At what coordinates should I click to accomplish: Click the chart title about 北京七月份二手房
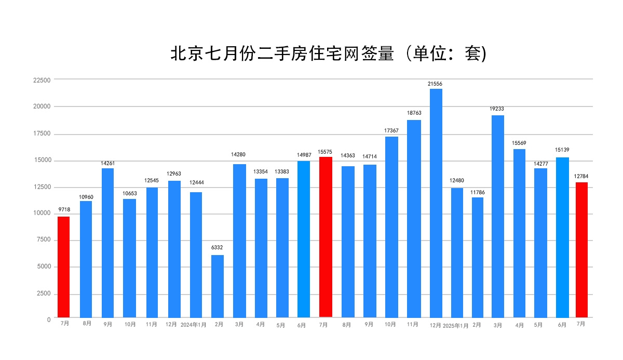click(328, 54)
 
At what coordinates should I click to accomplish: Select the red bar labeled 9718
click(63, 266)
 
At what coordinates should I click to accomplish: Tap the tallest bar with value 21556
click(436, 203)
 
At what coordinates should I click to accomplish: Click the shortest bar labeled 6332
click(218, 286)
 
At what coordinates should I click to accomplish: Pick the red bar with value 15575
click(326, 237)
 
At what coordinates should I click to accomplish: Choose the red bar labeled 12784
click(581, 249)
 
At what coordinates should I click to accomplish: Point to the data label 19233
click(497, 109)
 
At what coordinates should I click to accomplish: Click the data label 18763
click(414, 113)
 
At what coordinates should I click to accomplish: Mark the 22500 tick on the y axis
click(42, 81)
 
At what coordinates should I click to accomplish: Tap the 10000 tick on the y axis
click(42, 214)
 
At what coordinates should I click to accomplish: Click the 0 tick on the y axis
click(49, 320)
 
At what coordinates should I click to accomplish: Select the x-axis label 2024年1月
click(194, 325)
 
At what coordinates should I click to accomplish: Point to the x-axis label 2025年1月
click(456, 326)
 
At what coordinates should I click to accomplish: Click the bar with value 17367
click(391, 226)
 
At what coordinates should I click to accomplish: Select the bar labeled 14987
click(304, 239)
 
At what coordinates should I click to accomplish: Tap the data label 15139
click(562, 150)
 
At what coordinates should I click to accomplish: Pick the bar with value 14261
click(107, 243)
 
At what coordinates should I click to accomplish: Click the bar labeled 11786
click(478, 257)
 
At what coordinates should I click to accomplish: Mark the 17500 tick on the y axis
click(42, 134)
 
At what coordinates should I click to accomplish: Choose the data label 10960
click(86, 197)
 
